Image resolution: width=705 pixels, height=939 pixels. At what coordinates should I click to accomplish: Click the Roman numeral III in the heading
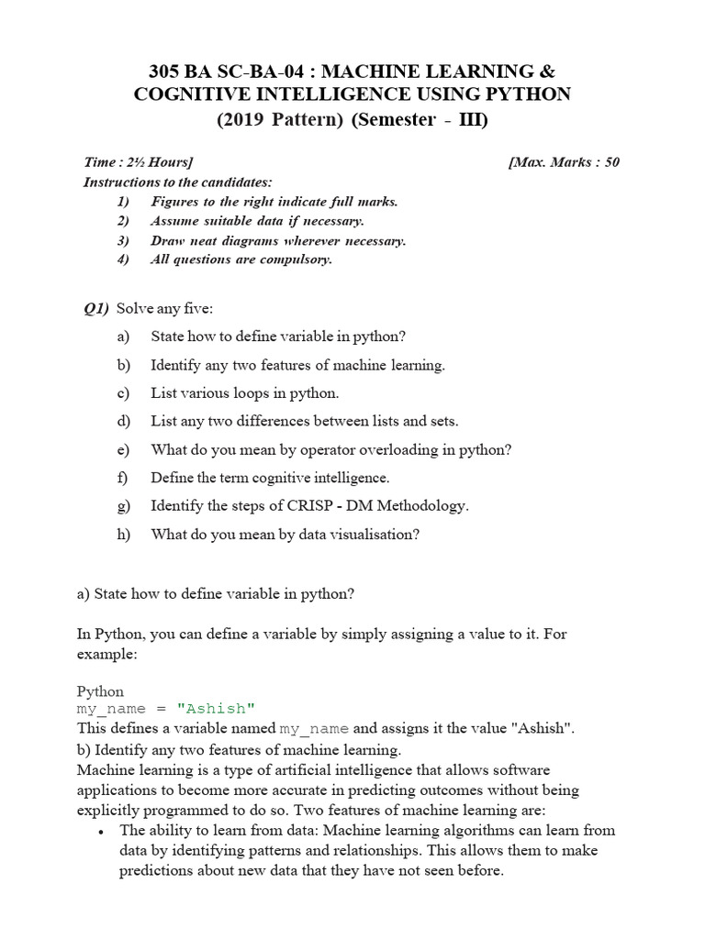click(472, 119)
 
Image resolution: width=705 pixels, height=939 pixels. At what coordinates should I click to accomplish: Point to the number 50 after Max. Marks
click(611, 162)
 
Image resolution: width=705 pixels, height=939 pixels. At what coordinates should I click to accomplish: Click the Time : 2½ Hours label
click(138, 162)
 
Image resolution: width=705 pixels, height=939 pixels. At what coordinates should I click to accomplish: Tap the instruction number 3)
click(124, 240)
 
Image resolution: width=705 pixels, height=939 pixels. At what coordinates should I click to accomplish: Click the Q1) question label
click(96, 308)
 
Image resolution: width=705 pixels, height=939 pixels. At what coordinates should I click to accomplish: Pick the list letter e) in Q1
click(124, 449)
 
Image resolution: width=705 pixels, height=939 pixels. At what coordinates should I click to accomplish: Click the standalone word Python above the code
click(100, 690)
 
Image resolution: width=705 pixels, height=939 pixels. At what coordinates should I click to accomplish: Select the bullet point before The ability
click(99, 831)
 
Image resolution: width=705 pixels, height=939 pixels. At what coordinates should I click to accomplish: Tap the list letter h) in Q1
click(124, 534)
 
